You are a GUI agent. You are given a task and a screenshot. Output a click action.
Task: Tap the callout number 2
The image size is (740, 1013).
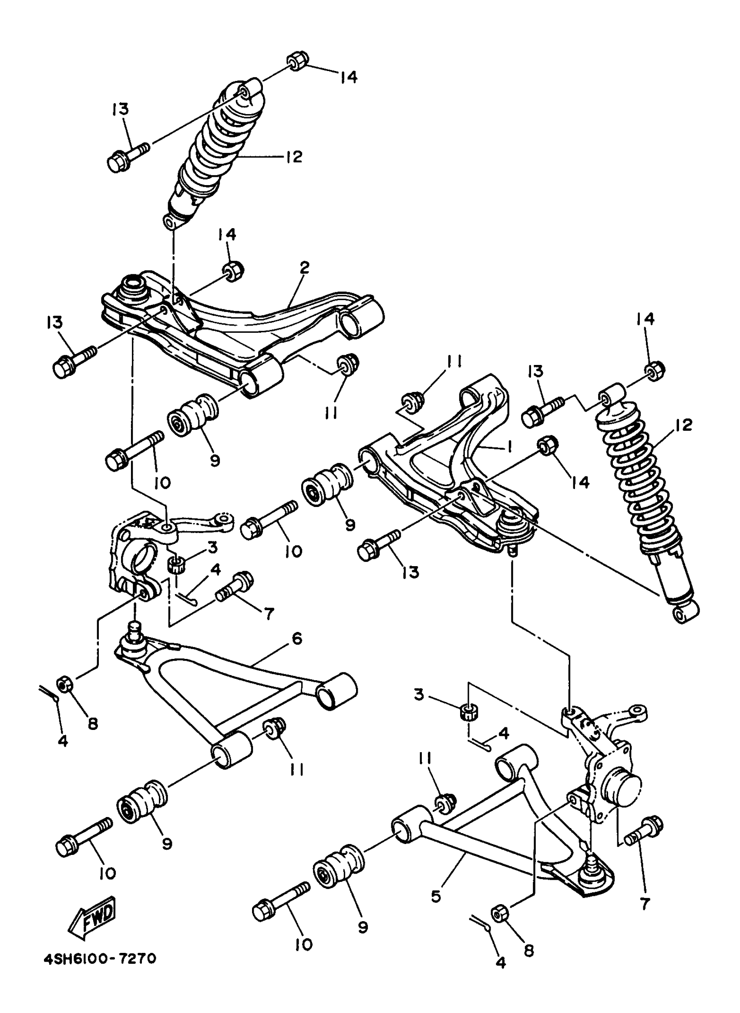click(x=305, y=268)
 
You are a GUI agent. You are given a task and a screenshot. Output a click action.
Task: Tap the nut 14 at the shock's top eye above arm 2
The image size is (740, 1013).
click(x=296, y=62)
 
